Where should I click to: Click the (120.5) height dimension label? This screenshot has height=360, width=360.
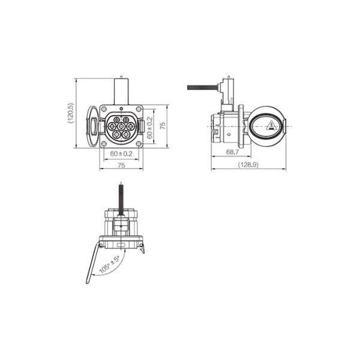point(71,113)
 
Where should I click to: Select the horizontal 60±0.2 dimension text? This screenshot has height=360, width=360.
point(121,154)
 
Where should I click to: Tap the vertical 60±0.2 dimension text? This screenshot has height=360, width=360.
point(149,128)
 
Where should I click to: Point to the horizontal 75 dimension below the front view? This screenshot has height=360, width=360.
point(121,165)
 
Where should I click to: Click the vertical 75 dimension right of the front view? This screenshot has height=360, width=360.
point(163,125)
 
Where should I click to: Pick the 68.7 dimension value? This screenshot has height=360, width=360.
point(232,152)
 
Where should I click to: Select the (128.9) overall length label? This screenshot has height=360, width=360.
point(248,164)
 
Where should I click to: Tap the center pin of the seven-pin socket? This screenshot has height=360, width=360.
point(121,126)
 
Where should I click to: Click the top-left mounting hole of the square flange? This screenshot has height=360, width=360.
point(104,109)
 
